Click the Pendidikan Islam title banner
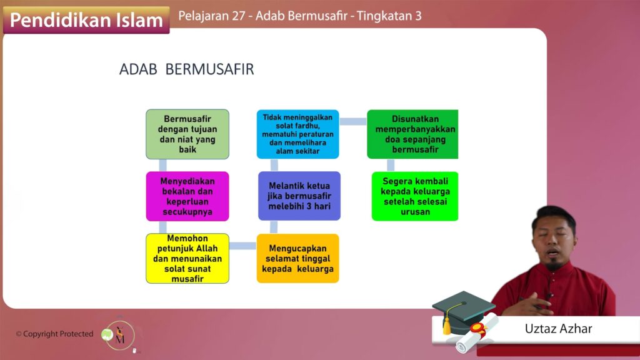pyautogui.click(x=86, y=20)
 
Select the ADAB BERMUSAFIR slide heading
pyautogui.click(x=186, y=69)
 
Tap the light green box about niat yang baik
pyautogui.click(x=187, y=134)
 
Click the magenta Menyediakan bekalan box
pyautogui.click(x=187, y=196)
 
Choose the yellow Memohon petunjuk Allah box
pyautogui.click(x=187, y=258)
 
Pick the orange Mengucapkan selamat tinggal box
pyautogui.click(x=298, y=258)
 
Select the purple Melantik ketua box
pyautogui.click(x=299, y=196)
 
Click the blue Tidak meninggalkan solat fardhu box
pyautogui.click(x=298, y=134)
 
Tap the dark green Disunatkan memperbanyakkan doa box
pyautogui.click(x=412, y=134)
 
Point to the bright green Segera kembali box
pyautogui.click(x=415, y=196)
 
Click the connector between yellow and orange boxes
pyautogui.click(x=243, y=246)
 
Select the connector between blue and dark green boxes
pyautogui.click(x=353, y=121)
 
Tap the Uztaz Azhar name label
pyautogui.click(x=558, y=329)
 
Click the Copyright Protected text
pyautogui.click(x=55, y=334)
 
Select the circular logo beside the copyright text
pyautogui.click(x=119, y=336)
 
